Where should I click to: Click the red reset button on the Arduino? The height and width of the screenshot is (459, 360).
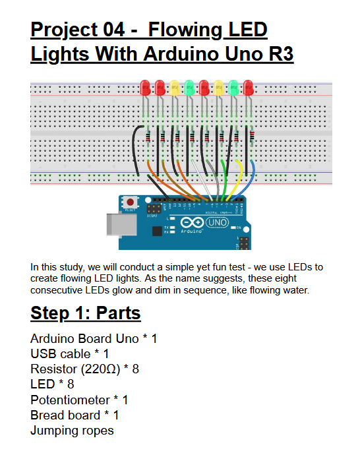coord(130,202)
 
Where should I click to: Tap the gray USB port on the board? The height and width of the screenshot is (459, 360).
coord(121,224)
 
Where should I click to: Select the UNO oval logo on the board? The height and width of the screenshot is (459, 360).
coord(217,222)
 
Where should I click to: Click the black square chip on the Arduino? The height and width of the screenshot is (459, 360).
coord(157,231)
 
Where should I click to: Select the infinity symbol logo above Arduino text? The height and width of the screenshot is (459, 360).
coord(192,222)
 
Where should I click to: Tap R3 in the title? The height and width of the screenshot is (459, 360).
coord(281,54)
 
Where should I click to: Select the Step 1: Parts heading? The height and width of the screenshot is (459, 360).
coord(86,313)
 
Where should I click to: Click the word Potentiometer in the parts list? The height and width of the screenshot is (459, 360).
coord(71,400)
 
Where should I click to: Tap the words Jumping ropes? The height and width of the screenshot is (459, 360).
coord(72,431)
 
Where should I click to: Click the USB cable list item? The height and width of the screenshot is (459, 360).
coord(70,354)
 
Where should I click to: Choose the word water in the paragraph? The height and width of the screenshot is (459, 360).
coord(295,290)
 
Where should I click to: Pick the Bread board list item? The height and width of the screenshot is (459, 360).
coord(75,415)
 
